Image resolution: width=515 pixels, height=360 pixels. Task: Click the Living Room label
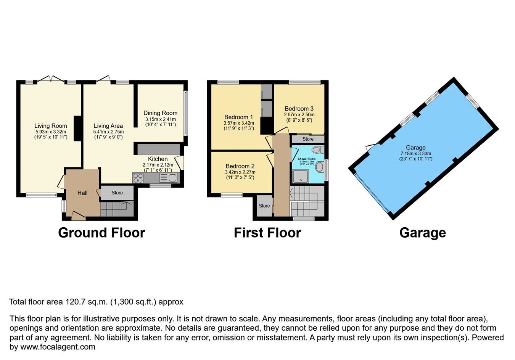tap(50, 126)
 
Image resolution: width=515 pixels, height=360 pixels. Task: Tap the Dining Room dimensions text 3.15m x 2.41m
tap(160, 119)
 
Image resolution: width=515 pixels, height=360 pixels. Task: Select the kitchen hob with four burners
tap(138, 178)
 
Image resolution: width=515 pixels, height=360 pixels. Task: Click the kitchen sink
tap(168, 178)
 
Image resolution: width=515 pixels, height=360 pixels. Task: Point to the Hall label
tap(82, 193)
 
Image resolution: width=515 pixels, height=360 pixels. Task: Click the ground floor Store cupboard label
tap(117, 193)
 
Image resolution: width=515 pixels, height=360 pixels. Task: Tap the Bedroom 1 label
tap(238, 117)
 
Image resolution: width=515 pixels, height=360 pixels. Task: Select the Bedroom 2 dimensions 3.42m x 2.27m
tap(240, 172)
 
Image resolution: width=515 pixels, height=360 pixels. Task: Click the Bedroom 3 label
tap(299, 109)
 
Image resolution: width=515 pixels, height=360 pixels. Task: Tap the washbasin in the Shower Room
tap(319, 166)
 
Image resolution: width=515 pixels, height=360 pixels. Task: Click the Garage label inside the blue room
tap(415, 148)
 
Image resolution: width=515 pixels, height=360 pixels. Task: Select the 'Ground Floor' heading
tap(101, 233)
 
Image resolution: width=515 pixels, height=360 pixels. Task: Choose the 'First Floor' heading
tap(267, 233)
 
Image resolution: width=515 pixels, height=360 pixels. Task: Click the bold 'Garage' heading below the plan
tap(422, 233)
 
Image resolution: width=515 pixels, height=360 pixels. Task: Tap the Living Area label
tap(108, 126)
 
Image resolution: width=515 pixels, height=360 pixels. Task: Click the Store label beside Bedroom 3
tap(308, 139)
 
